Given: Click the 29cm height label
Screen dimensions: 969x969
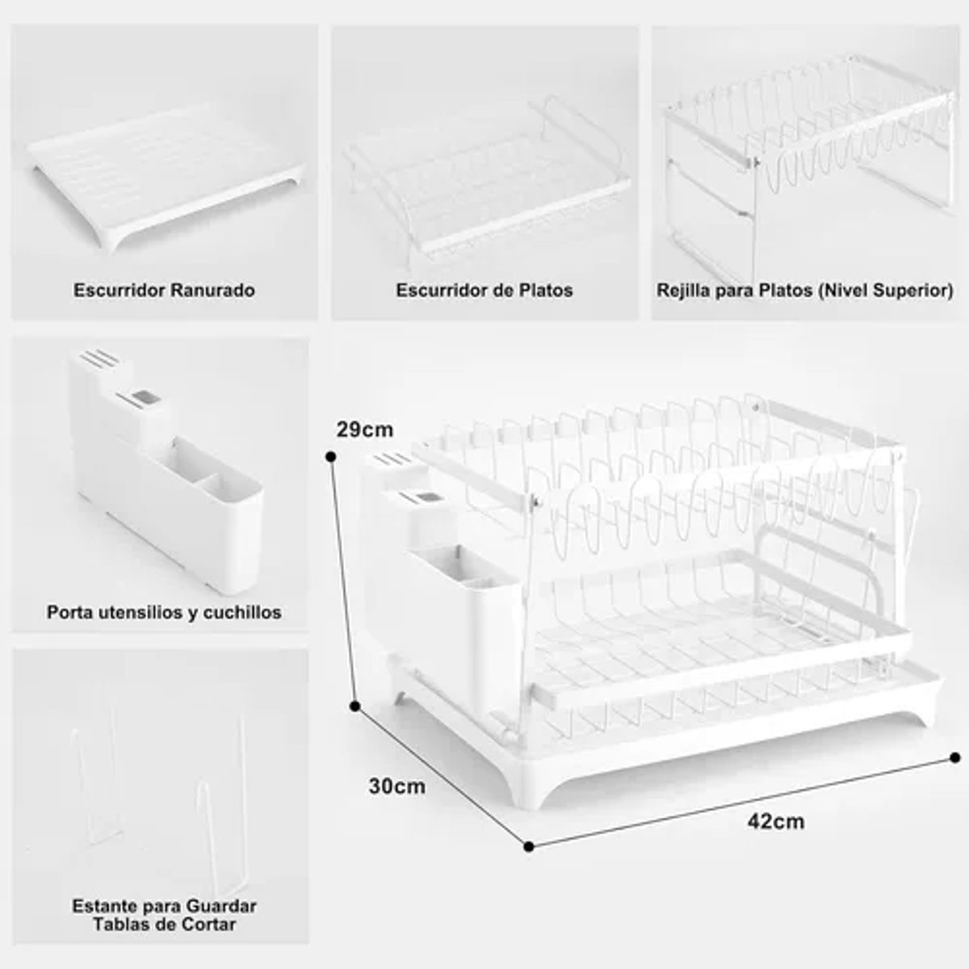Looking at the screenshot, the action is pos(364,430).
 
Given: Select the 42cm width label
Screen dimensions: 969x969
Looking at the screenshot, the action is pos(775,822).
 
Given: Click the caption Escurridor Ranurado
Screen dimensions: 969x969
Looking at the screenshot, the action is pos(164,291).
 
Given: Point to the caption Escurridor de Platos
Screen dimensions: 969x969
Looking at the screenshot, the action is pos(484,291).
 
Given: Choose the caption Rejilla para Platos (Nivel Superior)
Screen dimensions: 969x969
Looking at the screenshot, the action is pos(804,291).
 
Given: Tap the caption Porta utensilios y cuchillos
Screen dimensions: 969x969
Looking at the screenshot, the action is pos(164,612).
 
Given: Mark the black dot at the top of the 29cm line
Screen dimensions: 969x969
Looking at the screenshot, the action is pos(331,457).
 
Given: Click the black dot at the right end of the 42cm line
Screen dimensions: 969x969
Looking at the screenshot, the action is pos(955,757).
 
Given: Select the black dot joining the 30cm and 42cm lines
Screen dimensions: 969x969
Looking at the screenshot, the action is pos(528,847).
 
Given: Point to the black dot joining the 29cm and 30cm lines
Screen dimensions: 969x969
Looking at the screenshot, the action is pos(355,707).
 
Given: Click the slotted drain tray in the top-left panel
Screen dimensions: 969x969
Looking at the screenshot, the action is pos(166,176).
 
